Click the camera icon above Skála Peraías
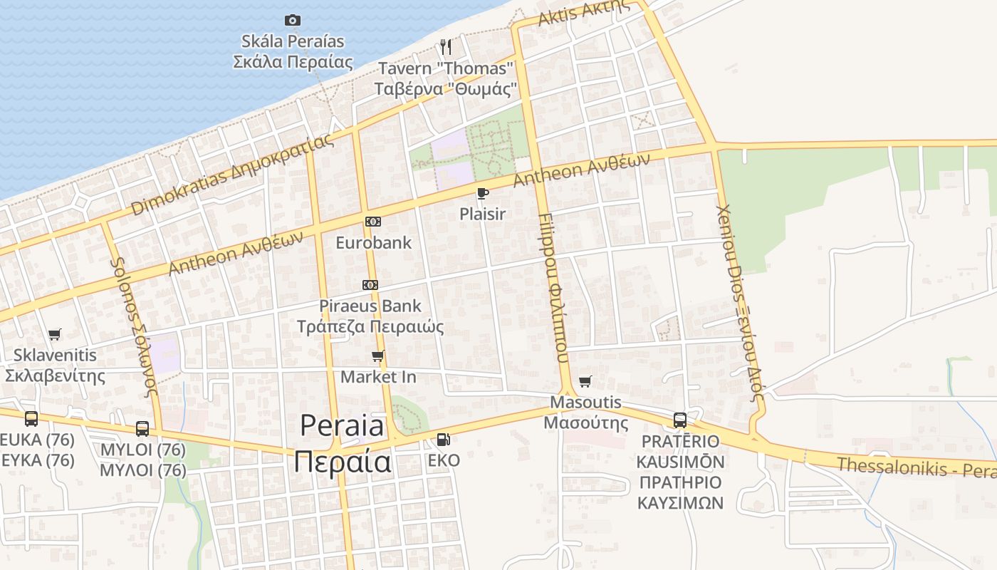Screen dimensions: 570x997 [292, 20]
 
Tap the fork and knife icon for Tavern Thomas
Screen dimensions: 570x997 [446, 47]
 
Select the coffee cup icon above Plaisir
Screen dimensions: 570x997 [482, 193]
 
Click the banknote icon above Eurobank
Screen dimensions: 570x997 [372, 222]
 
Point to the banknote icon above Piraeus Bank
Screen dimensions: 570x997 [370, 285]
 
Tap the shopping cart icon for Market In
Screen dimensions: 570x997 [377, 356]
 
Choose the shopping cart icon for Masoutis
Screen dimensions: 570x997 [585, 381]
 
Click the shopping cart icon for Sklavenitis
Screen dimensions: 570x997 [54, 334]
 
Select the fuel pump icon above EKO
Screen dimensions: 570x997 [443, 439]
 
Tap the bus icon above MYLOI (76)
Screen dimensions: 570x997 [142, 428]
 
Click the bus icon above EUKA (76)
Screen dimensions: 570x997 [31, 418]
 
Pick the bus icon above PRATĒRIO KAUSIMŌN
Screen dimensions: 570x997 [680, 420]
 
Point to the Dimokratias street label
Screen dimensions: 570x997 [232, 175]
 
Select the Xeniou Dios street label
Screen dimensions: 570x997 [740, 303]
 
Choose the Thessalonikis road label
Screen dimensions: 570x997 [915, 467]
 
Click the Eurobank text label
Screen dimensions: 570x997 [373, 242]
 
